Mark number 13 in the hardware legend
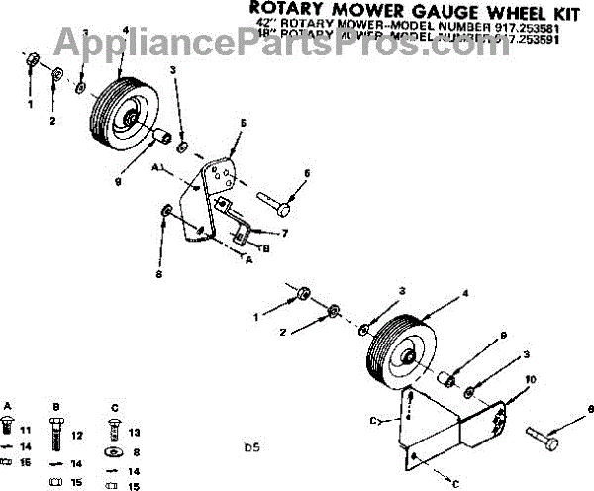pos(136,432)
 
